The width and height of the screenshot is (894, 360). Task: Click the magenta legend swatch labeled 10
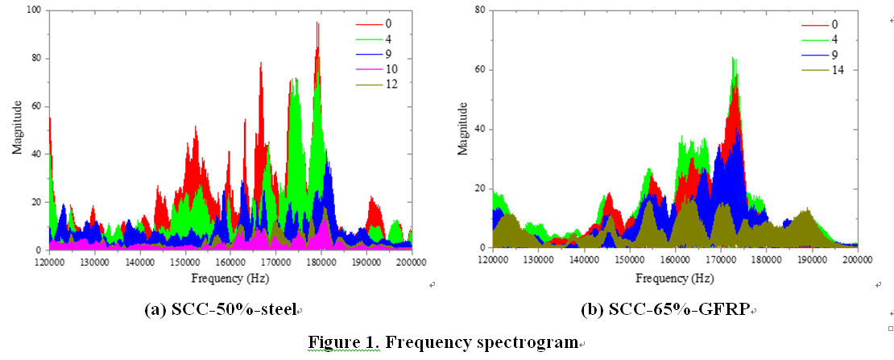pyautogui.click(x=367, y=68)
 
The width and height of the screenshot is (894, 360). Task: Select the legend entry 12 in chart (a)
pyautogui.click(x=391, y=85)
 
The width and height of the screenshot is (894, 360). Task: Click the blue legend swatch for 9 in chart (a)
pyautogui.click(x=367, y=54)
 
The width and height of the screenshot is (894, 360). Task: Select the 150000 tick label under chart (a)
pyautogui.click(x=185, y=262)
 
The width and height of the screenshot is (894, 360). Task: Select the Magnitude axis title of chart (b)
pyautogui.click(x=462, y=128)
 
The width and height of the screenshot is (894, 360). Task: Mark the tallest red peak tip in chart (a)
pyautogui.click(x=317, y=23)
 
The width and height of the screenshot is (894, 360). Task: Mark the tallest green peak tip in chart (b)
pyautogui.click(x=733, y=57)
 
